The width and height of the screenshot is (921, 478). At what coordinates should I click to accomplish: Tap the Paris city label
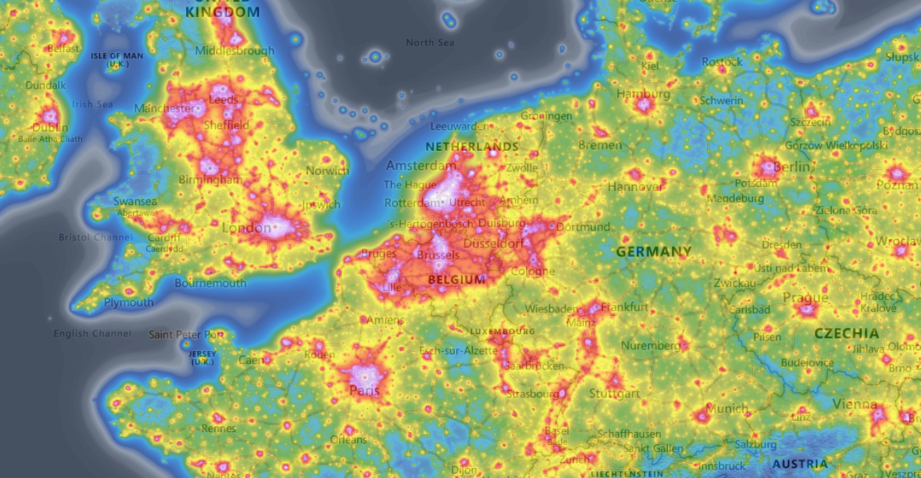365,390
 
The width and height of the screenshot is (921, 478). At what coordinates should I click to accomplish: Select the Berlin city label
791,167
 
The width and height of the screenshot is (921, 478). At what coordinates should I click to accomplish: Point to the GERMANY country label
654,252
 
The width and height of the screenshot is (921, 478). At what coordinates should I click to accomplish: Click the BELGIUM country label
457,279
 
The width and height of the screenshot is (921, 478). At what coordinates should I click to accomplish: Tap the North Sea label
430,43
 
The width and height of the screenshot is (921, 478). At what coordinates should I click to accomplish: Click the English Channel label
92,333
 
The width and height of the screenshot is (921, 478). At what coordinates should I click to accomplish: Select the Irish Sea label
92,104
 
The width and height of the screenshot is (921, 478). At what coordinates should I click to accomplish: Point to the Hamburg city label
643,94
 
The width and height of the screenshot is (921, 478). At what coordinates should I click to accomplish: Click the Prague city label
805,298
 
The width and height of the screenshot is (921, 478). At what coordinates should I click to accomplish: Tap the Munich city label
727,409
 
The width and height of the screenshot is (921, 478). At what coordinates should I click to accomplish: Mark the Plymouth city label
129,302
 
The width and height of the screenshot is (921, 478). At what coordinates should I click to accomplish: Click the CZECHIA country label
846,333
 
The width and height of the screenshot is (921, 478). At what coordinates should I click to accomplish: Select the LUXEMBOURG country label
502,331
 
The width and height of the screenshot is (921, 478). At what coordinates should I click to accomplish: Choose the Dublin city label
50,128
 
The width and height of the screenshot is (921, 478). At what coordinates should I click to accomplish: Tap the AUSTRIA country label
800,464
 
